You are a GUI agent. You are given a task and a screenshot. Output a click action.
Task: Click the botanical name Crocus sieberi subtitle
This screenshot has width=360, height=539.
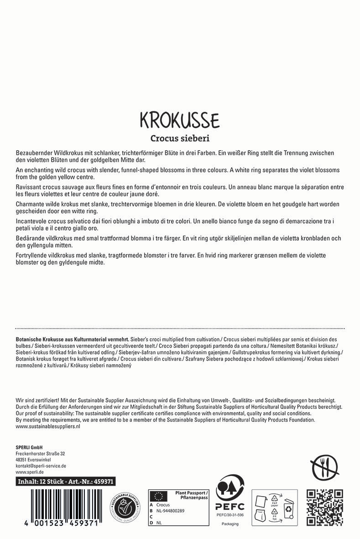tap(180, 138)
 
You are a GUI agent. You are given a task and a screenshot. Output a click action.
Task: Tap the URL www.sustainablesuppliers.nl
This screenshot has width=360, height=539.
tap(48, 426)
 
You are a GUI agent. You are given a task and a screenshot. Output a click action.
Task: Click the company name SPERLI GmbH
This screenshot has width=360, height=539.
tap(29, 447)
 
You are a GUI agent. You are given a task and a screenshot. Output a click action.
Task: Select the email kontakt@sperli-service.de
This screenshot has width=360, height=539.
tap(41, 466)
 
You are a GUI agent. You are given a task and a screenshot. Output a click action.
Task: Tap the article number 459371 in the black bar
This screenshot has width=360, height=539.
tap(103, 481)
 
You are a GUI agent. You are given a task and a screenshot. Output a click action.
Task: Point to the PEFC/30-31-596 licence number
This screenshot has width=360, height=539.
tap(230, 515)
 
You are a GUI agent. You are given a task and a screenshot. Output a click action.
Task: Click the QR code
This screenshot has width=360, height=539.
tap(324, 507)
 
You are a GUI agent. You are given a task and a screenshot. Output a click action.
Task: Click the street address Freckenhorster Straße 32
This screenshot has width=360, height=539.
tap(40, 453)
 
